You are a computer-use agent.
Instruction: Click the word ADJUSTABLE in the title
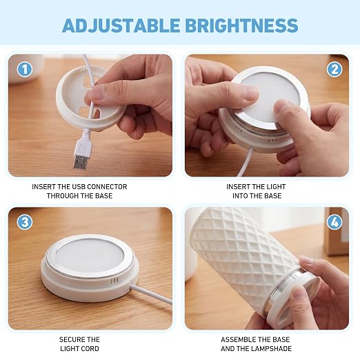click(x=121, y=26)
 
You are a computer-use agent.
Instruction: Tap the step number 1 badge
click(x=25, y=69)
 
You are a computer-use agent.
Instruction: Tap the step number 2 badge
click(x=334, y=69)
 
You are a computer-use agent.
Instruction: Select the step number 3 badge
click(x=25, y=222)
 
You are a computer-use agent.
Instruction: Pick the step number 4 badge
click(x=334, y=222)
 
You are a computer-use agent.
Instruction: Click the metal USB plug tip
click(x=80, y=162)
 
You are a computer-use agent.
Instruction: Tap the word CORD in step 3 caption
click(x=90, y=349)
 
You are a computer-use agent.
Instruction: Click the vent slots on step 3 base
click(x=114, y=281)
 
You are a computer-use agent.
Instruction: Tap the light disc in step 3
click(x=90, y=257)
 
